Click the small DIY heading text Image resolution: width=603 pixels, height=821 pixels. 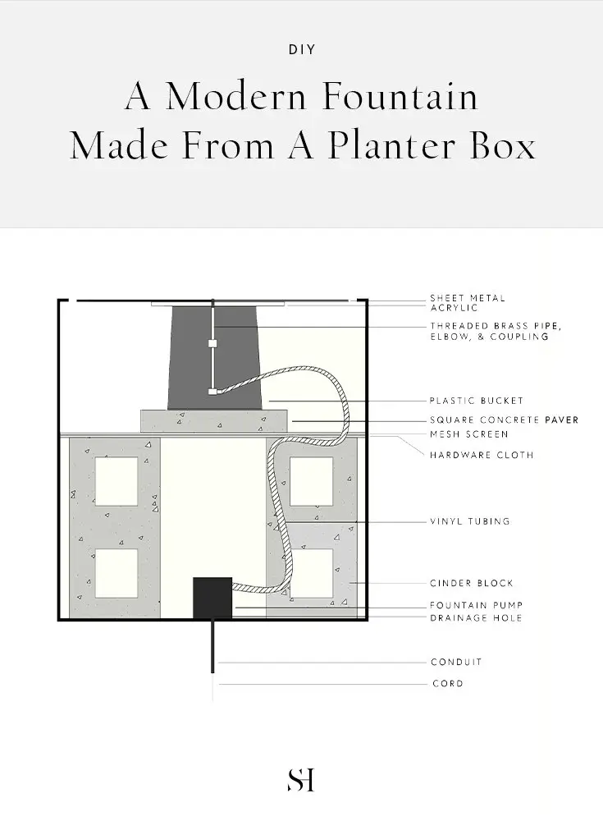pos(302,50)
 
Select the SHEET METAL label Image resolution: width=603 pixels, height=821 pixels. pos(468,298)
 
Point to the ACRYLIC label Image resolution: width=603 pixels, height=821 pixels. pos(454,307)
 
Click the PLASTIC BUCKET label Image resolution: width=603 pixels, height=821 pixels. pos(477,401)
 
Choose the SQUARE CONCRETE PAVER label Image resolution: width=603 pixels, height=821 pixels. pos(504,420)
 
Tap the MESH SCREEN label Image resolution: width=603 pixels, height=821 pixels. pos(469,434)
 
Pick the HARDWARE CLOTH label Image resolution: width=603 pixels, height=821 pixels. pos(482,455)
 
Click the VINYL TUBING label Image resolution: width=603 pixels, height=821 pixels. pos(469,521)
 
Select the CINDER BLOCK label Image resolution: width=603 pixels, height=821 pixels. pos(472,583)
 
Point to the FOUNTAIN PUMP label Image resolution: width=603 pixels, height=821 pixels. pos(477,605)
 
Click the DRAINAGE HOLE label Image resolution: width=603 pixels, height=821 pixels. pos(477,618)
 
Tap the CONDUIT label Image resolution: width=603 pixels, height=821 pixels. pos(456,662)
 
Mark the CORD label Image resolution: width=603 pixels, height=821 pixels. pos(448,683)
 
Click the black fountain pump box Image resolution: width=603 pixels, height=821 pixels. pos(212,598)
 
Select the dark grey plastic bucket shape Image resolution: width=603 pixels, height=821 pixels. pos(215,358)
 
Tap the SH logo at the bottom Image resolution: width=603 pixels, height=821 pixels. pos(301,780)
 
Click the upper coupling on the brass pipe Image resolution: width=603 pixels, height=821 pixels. pos(212,343)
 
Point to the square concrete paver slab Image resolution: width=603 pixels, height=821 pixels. pos(214,421)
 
